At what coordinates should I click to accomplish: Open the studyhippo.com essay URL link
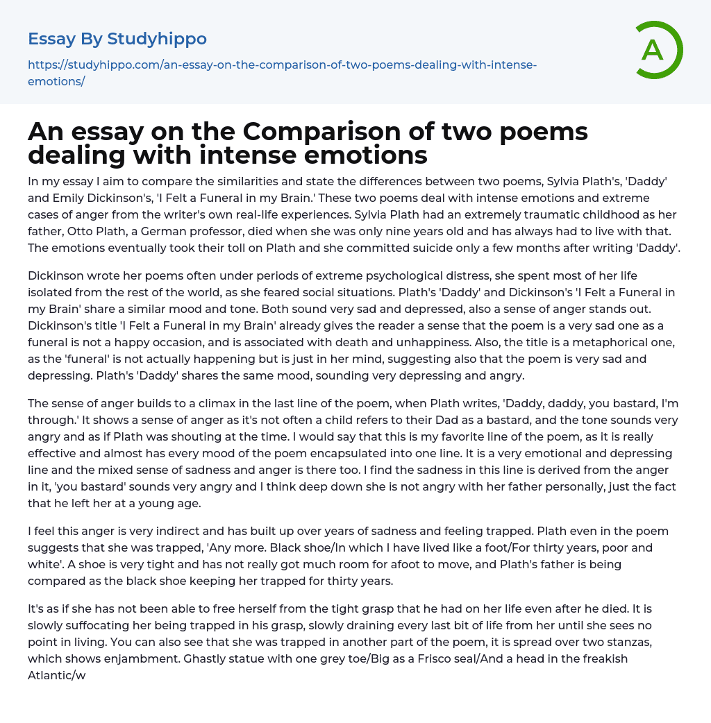click(x=282, y=73)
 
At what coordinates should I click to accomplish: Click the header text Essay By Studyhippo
click(x=117, y=39)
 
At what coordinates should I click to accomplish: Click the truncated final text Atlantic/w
click(x=57, y=675)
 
